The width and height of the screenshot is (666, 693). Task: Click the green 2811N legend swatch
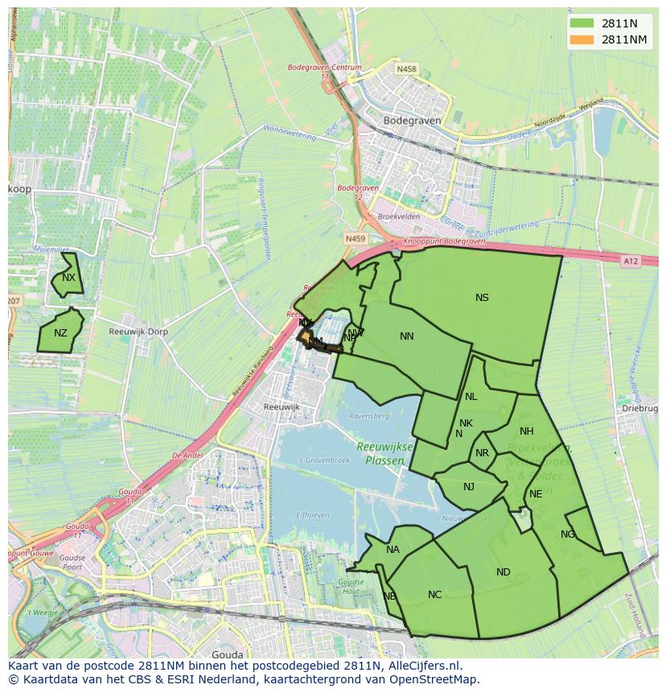coord(582,23)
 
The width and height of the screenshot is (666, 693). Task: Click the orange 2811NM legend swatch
coord(582,39)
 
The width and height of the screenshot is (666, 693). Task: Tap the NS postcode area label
coord(482,298)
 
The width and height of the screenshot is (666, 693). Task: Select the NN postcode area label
coord(407,336)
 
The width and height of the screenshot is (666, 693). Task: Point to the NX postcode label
coord(68,278)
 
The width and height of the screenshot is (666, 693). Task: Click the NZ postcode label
coord(60,333)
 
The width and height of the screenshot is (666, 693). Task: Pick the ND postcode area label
coord(504,572)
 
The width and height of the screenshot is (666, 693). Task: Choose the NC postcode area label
coord(434,595)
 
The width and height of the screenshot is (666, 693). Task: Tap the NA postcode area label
coord(393,550)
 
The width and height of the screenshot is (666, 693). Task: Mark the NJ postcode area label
coord(469,486)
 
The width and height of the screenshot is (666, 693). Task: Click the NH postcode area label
coord(527,431)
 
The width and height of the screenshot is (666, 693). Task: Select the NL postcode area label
coord(471,396)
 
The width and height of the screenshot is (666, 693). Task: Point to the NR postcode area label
coord(482,453)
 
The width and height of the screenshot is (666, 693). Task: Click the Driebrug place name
coord(640,409)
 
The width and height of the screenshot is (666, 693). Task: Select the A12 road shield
coord(630,261)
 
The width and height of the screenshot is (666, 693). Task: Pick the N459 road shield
coord(355,239)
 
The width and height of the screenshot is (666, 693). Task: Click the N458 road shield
coord(406,70)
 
